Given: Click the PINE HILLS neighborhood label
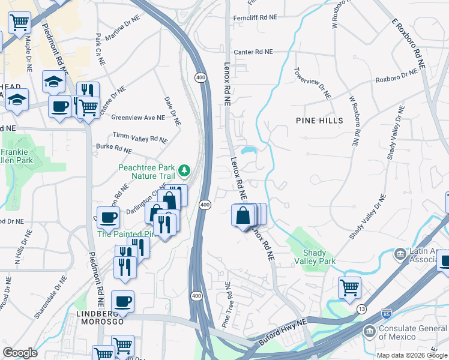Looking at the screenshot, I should click(319, 121).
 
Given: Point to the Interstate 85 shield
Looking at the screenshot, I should click(388, 314).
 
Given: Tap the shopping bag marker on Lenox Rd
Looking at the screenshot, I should click(243, 215).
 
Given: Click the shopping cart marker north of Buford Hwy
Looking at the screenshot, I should click(349, 286).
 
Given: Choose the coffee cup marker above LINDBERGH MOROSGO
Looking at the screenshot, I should click(122, 301).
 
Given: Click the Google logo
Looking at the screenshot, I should click(20, 352).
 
